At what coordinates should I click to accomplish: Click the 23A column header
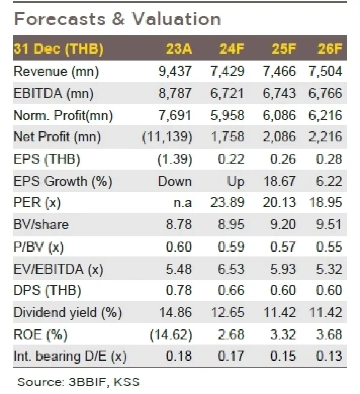[x=178, y=49]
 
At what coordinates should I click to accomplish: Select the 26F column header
[x=329, y=49]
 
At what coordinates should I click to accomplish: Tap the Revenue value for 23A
[x=175, y=71]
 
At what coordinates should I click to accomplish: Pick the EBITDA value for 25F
[x=279, y=93]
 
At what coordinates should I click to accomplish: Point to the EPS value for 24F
[x=231, y=159]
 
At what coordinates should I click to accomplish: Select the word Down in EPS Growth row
[x=175, y=181]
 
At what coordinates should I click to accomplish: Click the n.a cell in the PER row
[x=183, y=203]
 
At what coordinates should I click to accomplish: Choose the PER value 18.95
[x=325, y=203]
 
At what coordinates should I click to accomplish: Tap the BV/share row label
[x=41, y=225]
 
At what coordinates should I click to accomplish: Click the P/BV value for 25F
[x=283, y=247]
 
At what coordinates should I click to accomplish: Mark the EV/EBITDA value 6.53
[x=231, y=269]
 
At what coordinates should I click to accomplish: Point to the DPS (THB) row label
[x=47, y=291]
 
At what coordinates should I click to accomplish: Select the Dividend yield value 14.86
[x=175, y=313]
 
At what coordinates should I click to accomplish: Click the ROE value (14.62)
[x=171, y=334]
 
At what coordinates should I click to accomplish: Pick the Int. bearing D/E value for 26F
[x=329, y=356]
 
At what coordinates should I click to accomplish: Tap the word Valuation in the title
[x=177, y=19]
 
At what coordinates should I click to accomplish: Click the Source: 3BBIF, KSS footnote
[x=78, y=382]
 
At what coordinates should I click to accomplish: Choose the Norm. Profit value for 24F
[x=227, y=115]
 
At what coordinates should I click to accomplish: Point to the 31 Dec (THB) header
[x=58, y=49]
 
